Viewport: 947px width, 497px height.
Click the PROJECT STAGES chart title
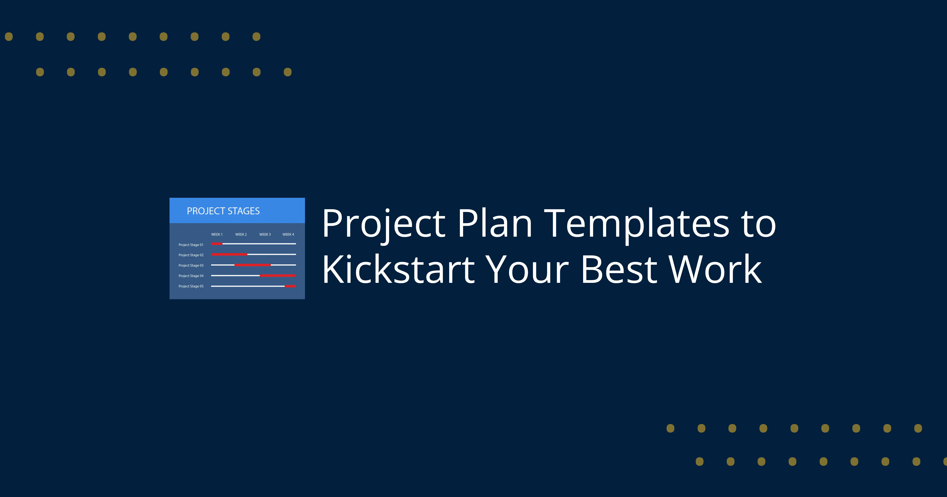[x=223, y=211]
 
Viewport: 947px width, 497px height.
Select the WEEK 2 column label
[x=241, y=235]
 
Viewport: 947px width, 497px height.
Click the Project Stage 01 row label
[x=191, y=245]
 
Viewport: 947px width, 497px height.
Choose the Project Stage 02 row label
[x=191, y=255]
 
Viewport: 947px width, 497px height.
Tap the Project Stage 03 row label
[x=191, y=265]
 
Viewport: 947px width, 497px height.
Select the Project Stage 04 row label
[x=191, y=276]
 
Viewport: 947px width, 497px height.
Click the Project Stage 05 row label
[x=191, y=286]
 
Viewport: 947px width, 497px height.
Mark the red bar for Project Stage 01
[x=216, y=244]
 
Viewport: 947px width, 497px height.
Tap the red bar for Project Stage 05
[x=290, y=286]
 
